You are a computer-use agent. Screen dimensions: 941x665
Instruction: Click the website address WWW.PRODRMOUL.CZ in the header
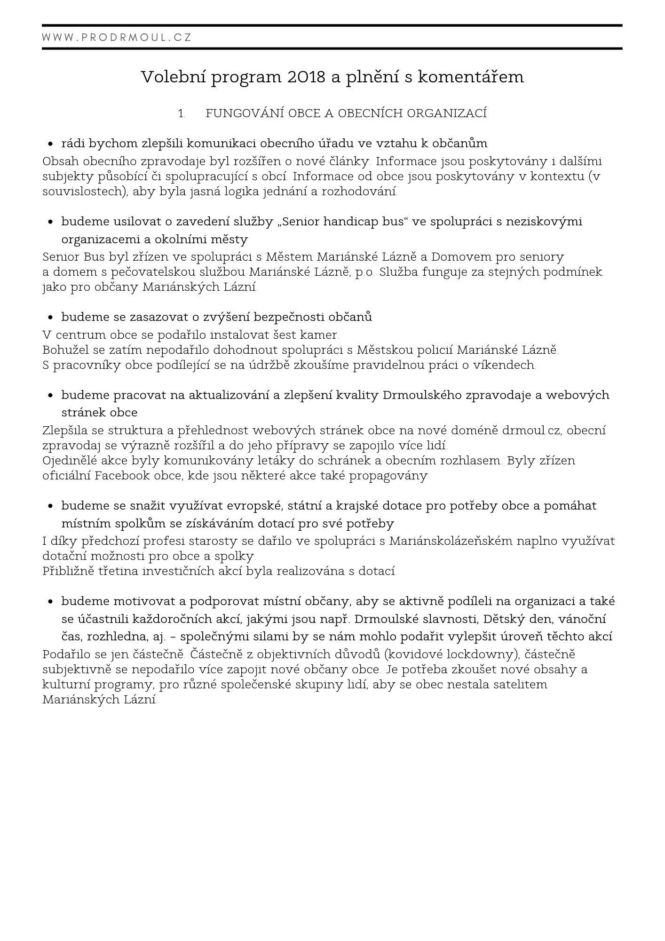click(117, 38)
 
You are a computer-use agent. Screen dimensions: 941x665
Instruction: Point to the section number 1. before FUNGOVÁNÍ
click(181, 114)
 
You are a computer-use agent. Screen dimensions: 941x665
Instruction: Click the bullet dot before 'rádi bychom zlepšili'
click(50, 144)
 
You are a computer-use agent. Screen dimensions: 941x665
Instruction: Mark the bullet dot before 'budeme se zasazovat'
click(50, 318)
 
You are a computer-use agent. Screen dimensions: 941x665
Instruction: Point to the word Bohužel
click(62, 350)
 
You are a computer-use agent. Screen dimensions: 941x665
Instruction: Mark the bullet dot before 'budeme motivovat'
click(50, 602)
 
